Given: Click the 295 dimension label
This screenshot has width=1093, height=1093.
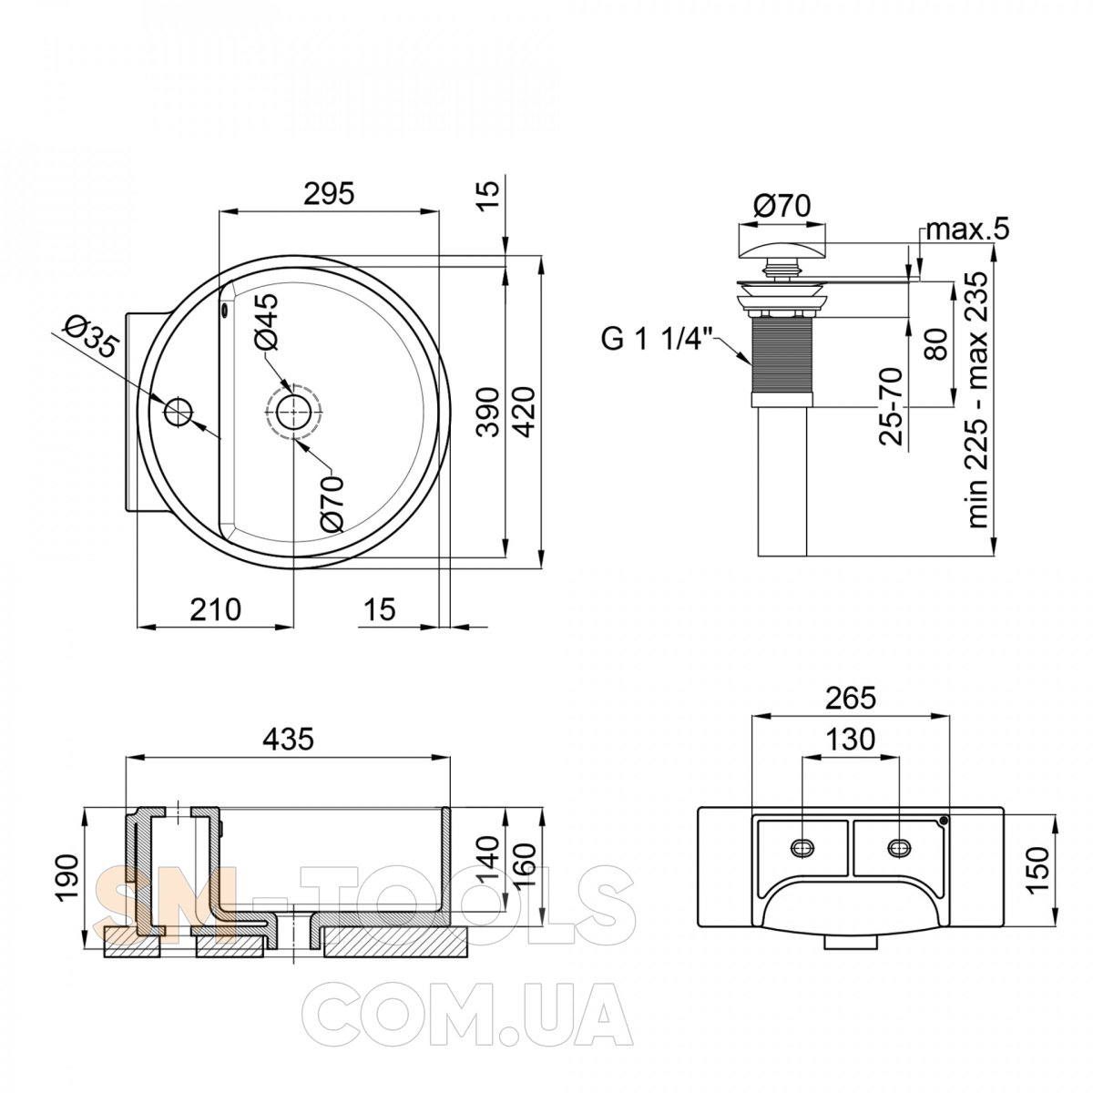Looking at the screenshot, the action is (x=329, y=193).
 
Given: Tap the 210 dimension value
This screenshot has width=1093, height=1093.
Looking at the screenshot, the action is (x=215, y=609).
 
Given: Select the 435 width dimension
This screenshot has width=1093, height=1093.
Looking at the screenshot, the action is (x=288, y=739).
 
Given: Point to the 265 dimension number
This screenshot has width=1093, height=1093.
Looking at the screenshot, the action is (x=851, y=698).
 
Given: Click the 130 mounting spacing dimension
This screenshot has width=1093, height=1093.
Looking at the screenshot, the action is (x=850, y=739).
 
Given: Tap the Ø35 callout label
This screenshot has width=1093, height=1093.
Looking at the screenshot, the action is (x=91, y=338).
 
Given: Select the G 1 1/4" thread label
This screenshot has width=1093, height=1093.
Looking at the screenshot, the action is (x=657, y=341).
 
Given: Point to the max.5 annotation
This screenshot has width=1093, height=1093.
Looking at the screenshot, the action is (x=967, y=230).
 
